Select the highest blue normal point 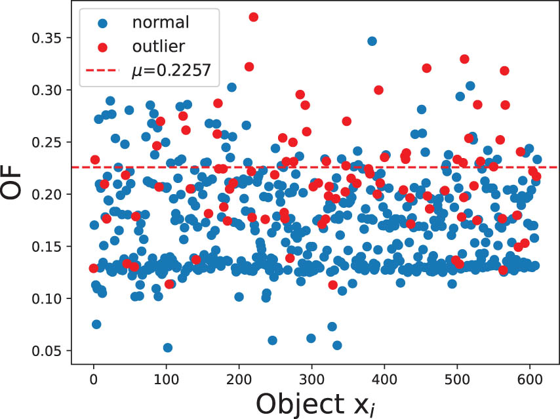372,41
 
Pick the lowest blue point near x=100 167,348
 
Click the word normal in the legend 161,22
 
